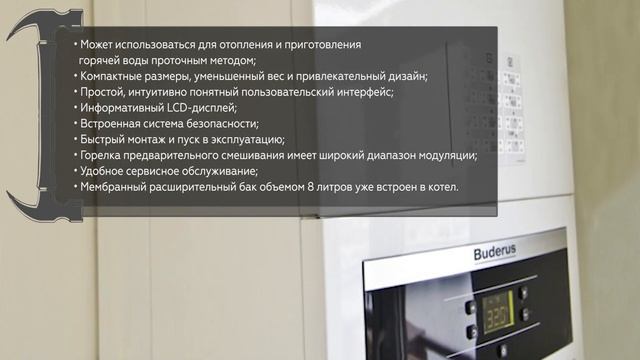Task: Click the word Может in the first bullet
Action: pos(97,46)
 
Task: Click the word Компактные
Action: pos(115,77)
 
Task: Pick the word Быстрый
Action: pos(103,139)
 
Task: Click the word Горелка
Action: pos(104,155)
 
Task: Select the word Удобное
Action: pos(105,170)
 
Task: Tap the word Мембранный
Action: pos(119,186)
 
